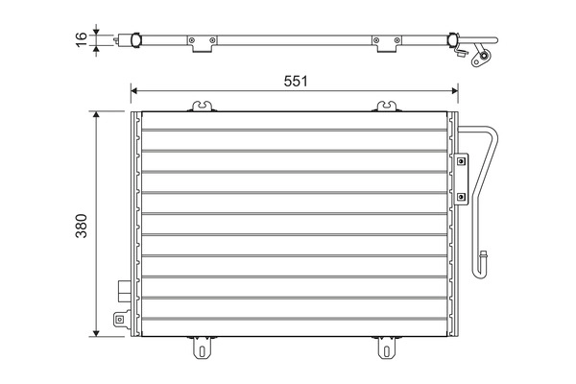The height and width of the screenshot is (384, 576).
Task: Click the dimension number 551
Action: pyautogui.click(x=295, y=82)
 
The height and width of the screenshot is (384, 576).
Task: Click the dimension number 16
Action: pyautogui.click(x=82, y=37)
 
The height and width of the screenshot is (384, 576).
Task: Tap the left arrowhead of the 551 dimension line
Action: pyautogui.click(x=135, y=93)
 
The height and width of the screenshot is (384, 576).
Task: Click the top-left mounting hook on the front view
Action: pyautogui.click(x=202, y=105)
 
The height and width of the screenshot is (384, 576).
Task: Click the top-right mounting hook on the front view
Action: pyautogui.click(x=386, y=105)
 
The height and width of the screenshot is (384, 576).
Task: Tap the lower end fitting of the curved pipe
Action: pyautogui.click(x=485, y=260)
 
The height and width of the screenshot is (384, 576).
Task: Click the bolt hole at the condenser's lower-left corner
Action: pyautogui.click(x=118, y=322)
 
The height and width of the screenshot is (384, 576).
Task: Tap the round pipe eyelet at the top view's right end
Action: pyautogui.click(x=477, y=57)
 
